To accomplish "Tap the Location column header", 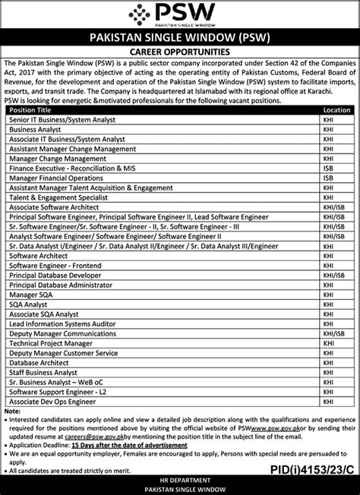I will click(336, 110).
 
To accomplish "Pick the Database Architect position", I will click(39, 363).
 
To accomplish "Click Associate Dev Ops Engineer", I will click(52, 402).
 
